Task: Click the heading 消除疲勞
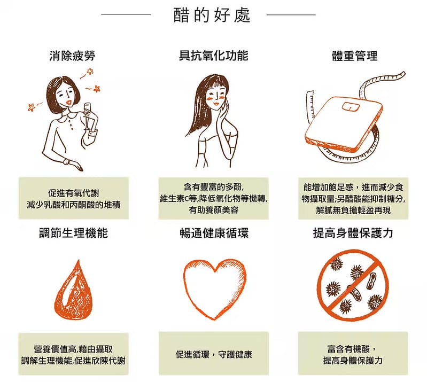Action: point(72,56)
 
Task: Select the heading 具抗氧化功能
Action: point(213,56)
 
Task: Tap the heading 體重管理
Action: point(355,56)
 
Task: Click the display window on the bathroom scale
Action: point(351,105)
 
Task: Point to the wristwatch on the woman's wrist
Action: point(66,161)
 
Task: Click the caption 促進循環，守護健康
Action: point(214,354)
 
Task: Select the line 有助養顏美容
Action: point(213,209)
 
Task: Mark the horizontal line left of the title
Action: point(131,14)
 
